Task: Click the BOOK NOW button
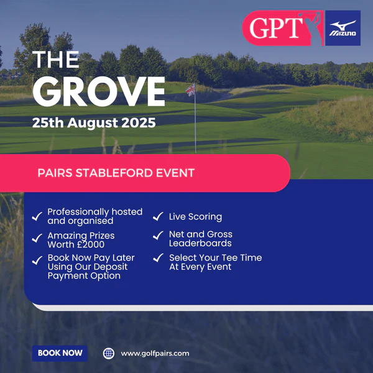(x=60, y=353)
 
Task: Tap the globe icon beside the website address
(x=109, y=354)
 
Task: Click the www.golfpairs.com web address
(x=155, y=354)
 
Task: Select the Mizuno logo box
(x=343, y=28)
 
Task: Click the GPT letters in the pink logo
(x=276, y=28)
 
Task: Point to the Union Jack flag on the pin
(x=190, y=90)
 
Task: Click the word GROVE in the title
(x=99, y=91)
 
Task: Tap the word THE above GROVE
(x=56, y=59)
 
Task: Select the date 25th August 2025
(x=94, y=122)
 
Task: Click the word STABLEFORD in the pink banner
(x=114, y=173)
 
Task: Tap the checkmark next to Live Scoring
(x=158, y=216)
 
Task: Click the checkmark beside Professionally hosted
(x=37, y=216)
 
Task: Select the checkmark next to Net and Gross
(x=158, y=235)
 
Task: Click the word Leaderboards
(x=200, y=243)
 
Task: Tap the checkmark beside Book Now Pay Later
(x=37, y=260)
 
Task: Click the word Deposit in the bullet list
(x=111, y=267)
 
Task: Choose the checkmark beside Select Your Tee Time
(x=158, y=257)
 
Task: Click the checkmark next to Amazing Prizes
(x=37, y=238)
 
